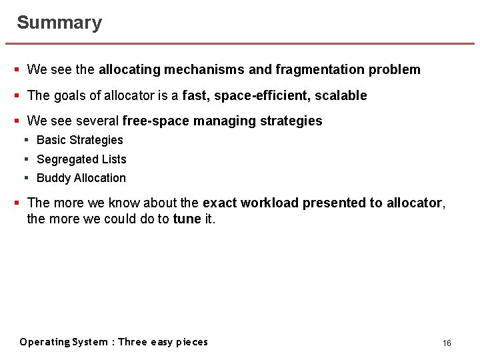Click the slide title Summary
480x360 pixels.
pyautogui.click(x=59, y=23)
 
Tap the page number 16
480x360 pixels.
pyautogui.click(x=447, y=343)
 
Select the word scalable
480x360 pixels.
pyautogui.click(x=341, y=95)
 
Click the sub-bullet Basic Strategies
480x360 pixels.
pyautogui.click(x=80, y=140)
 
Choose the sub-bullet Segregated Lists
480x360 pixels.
pyautogui.click(x=81, y=159)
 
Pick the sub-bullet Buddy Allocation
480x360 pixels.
pyautogui.click(x=81, y=178)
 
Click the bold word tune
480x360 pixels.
pyautogui.click(x=187, y=219)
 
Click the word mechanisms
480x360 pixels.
pyautogui.click(x=204, y=69)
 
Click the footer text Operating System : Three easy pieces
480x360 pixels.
pyautogui.click(x=114, y=342)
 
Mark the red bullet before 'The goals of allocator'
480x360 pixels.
pyautogui.click(x=17, y=95)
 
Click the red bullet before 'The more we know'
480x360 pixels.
pyautogui.click(x=17, y=203)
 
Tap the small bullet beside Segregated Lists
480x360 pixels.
pyautogui.click(x=27, y=159)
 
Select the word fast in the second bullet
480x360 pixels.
pyautogui.click(x=195, y=95)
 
